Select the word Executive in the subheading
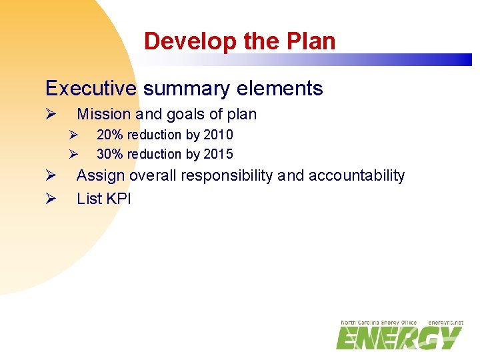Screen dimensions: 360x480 pos(91,88)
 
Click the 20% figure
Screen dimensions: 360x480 pos(110,135)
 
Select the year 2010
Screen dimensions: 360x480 pos(218,135)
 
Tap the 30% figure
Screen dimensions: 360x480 pos(110,154)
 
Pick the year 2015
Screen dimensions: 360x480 pos(218,154)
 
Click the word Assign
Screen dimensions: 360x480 pos(101,175)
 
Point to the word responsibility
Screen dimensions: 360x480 pos(226,175)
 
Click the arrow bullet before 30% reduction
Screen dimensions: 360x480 pos(75,155)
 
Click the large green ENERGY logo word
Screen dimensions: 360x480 pos(399,338)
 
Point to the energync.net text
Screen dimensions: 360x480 pos(445,323)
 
